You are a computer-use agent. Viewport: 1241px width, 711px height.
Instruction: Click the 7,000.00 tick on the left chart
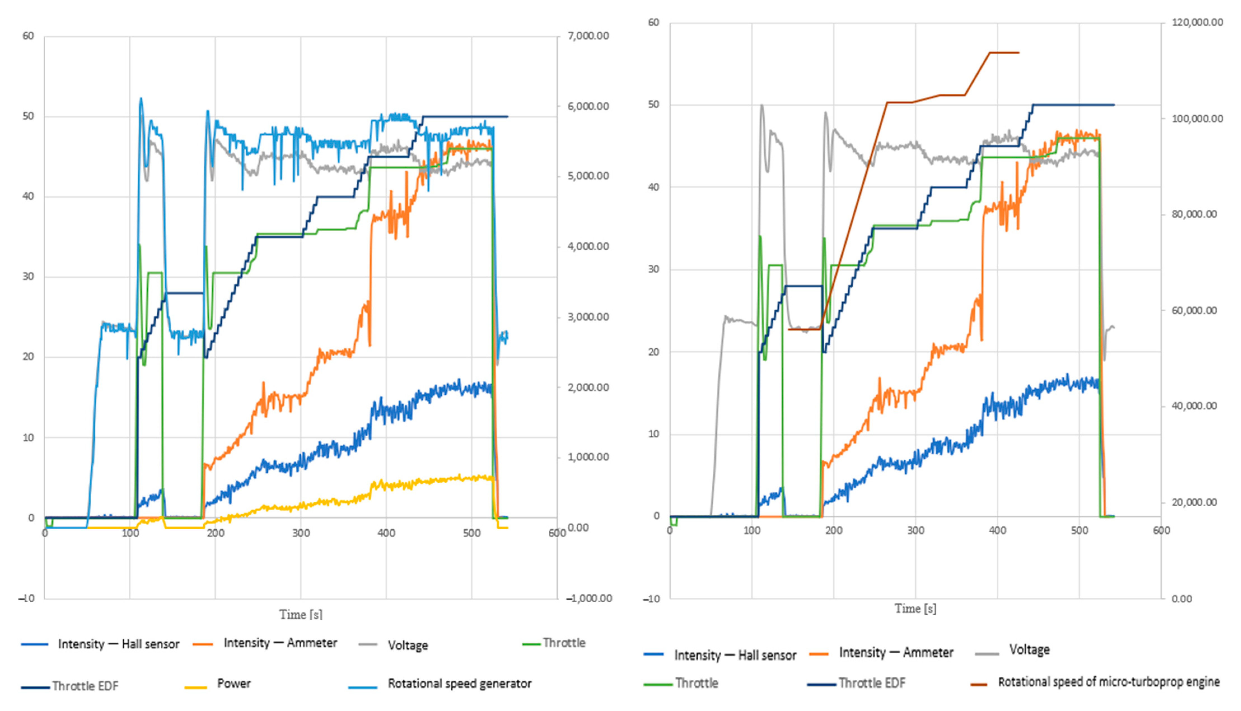point(588,36)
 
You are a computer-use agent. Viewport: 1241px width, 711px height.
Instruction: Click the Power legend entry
point(233,684)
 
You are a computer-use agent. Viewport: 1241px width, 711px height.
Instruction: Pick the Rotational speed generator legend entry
point(459,684)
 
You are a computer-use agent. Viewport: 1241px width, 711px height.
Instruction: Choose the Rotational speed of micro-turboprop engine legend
point(1108,682)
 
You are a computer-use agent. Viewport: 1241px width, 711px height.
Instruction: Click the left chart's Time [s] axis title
point(301,614)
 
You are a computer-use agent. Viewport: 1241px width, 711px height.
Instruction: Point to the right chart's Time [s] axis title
point(915,609)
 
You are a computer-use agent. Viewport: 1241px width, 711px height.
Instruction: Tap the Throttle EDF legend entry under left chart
point(85,686)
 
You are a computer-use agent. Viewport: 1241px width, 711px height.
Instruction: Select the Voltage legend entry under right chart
point(1029,650)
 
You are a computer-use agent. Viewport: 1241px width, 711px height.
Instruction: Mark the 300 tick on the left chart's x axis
point(301,533)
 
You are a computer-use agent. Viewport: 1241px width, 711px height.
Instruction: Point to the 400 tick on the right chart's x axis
point(997,530)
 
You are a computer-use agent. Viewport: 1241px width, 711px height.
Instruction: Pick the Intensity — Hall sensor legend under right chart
point(735,655)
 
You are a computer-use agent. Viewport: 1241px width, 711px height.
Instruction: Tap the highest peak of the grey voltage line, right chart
point(761,105)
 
